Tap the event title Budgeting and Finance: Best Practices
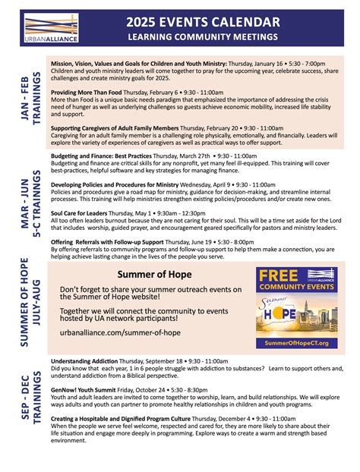tap(103, 155)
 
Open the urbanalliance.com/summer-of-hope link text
tap(120, 332)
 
